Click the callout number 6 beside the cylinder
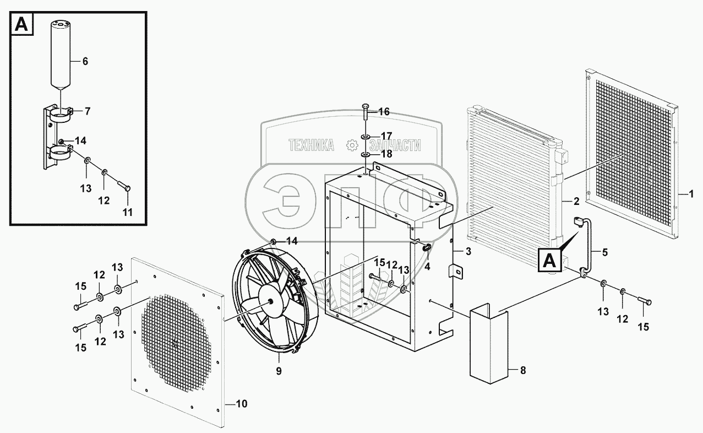(85, 61)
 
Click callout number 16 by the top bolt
(384, 112)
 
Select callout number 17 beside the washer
(386, 136)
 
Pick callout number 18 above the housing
(386, 154)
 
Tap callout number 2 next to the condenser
(575, 201)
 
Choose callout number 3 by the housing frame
(468, 252)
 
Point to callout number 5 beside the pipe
(605, 253)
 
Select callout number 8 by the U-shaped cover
(522, 370)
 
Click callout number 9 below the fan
(279, 371)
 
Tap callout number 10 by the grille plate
(241, 404)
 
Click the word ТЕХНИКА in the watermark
(312, 145)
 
